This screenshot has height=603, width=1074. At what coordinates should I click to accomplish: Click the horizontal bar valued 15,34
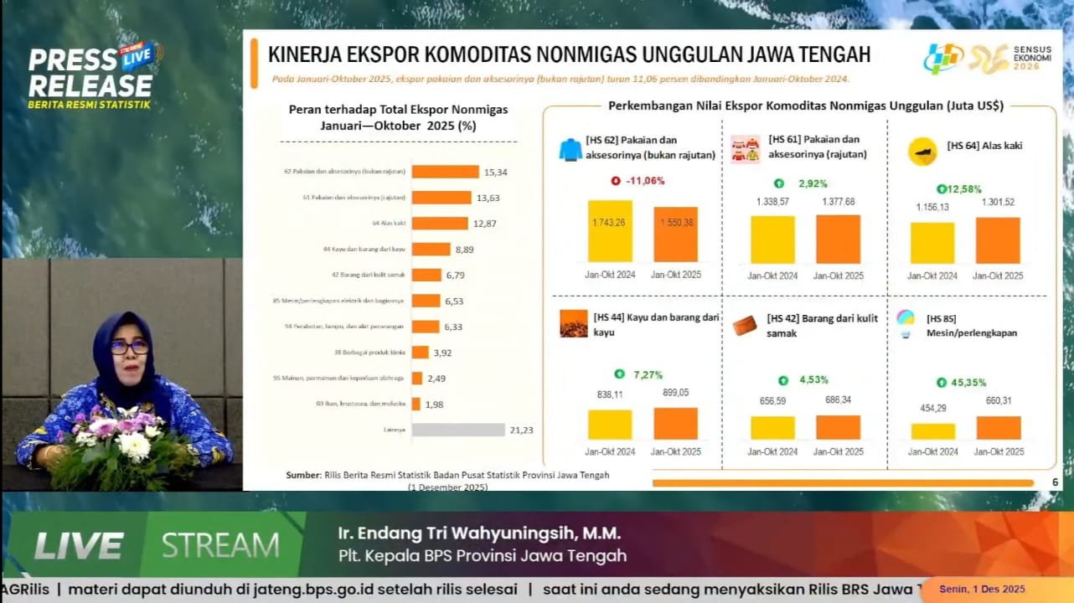pyautogui.click(x=446, y=172)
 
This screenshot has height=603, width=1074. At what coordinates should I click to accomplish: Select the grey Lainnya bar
pyautogui.click(x=458, y=430)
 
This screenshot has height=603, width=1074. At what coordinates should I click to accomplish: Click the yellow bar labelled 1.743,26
pyautogui.click(x=610, y=231)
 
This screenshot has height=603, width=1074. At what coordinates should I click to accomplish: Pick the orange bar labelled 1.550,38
pyautogui.click(x=675, y=234)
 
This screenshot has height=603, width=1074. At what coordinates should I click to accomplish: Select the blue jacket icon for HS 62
pyautogui.click(x=571, y=150)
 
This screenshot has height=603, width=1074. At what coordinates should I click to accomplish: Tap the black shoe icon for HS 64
pyautogui.click(x=922, y=152)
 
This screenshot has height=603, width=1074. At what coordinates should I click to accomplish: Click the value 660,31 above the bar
pyautogui.click(x=998, y=400)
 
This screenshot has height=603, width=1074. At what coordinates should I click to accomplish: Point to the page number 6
pyautogui.click(x=1055, y=482)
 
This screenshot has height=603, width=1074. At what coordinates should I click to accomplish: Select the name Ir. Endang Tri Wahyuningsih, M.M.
pyautogui.click(x=479, y=533)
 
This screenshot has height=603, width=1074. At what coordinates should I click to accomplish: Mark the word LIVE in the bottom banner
pyautogui.click(x=78, y=546)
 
